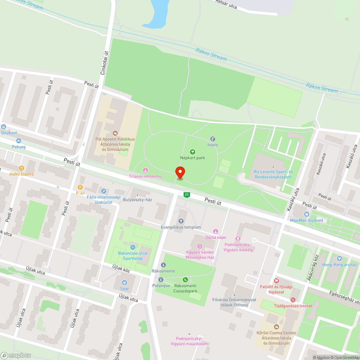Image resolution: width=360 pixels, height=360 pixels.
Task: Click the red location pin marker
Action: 180,173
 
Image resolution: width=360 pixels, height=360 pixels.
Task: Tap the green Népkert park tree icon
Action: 192,152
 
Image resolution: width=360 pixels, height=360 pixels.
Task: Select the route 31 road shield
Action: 186,195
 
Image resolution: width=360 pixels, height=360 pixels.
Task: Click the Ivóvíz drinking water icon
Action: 212,139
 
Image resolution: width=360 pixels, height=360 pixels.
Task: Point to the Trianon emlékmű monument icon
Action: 145,170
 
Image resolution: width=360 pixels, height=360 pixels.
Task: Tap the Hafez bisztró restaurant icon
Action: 22,168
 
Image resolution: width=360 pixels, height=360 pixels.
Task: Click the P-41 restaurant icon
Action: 80,187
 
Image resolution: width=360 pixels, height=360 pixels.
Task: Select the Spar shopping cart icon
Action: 125,283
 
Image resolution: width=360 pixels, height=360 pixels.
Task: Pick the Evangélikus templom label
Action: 181,227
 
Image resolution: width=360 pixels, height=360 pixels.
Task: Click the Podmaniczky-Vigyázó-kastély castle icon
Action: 238,238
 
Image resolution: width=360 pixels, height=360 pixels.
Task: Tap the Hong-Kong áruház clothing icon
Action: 339,258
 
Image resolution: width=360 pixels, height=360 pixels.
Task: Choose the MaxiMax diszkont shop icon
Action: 306,214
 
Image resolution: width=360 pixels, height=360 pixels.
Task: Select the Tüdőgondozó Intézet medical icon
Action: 293,300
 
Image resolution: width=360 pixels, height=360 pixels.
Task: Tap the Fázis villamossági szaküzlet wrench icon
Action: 104,191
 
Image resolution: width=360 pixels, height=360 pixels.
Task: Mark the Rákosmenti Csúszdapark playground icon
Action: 185,279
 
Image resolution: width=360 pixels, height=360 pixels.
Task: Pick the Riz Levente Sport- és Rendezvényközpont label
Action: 274,174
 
